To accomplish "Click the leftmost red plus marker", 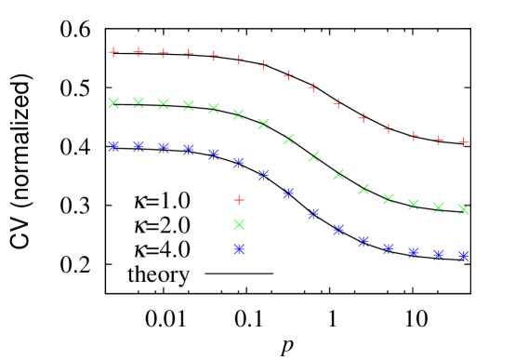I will [113, 52].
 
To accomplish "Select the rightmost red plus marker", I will [463, 142].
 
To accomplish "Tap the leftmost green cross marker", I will [113, 103].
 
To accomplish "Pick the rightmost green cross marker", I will [463, 209].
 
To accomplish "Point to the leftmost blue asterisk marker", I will [113, 146].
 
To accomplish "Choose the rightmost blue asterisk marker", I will [463, 255].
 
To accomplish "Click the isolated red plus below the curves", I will [239, 200].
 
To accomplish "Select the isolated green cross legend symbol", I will [239, 224].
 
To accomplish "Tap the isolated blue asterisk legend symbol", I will [239, 249].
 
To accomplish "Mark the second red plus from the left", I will [139, 52].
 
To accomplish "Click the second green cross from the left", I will [139, 103].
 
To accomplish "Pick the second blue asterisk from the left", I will [139, 146].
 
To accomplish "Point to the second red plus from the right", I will [439, 140].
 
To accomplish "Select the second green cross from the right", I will [439, 207].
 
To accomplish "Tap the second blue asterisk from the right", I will [439, 253].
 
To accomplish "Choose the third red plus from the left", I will [164, 53].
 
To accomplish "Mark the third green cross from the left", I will [164, 104].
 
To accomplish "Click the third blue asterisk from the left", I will [164, 148].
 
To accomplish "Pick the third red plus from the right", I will [414, 136].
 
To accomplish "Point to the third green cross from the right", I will [414, 205].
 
